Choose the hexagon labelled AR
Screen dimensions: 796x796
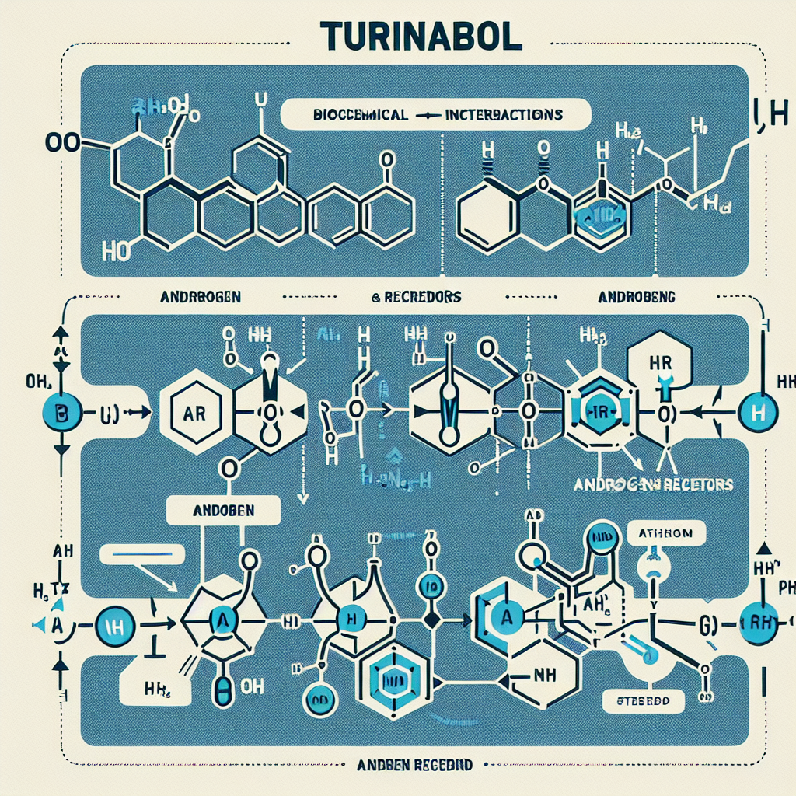[194, 412]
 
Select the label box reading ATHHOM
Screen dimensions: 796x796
[665, 534]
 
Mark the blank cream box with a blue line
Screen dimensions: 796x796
[142, 553]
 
